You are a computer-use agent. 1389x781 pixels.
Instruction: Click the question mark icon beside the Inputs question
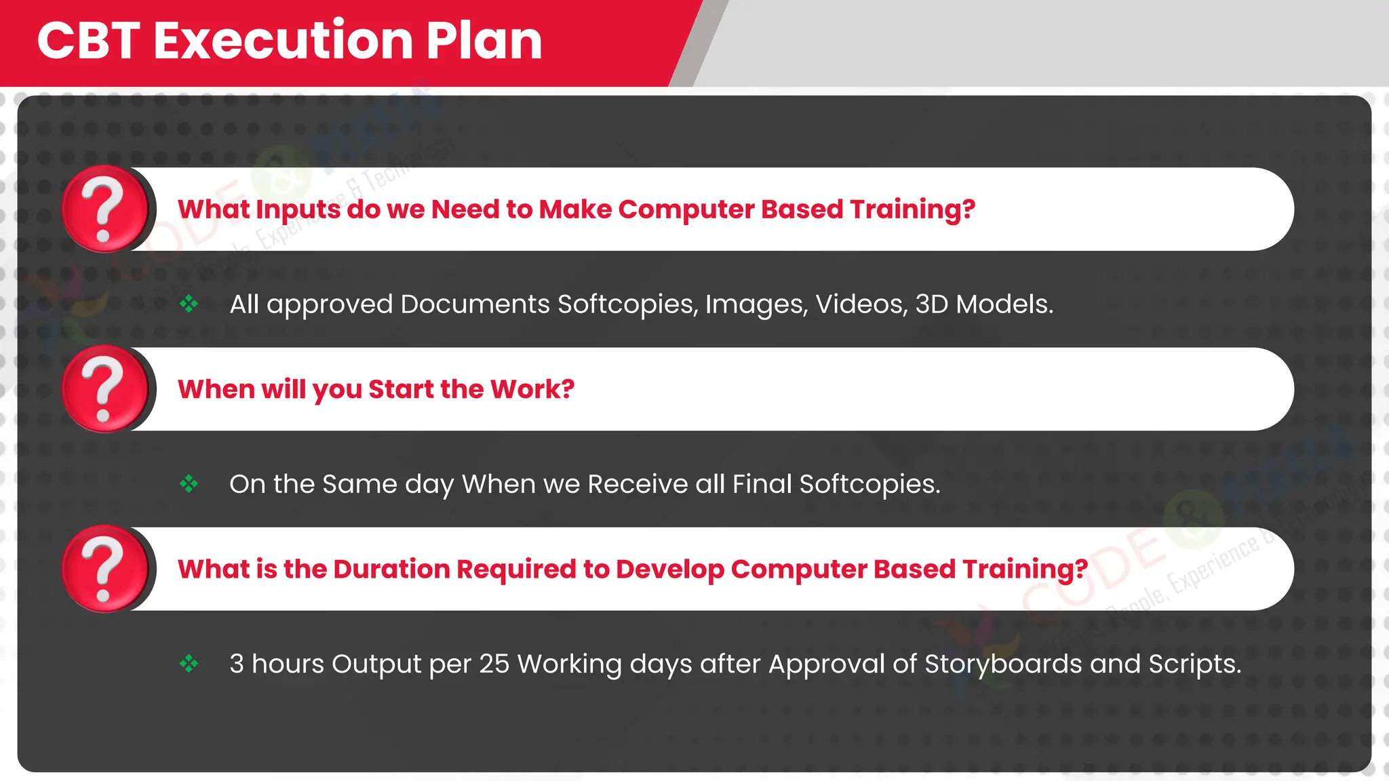(104, 209)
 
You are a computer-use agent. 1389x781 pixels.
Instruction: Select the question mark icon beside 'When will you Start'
(104, 389)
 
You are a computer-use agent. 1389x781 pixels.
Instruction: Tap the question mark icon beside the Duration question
(104, 569)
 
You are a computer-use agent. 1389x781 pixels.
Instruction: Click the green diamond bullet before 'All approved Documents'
(189, 304)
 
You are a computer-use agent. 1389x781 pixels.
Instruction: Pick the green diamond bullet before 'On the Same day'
(189, 484)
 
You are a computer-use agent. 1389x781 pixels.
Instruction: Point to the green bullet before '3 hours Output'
(189, 664)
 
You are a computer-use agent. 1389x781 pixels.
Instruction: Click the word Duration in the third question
(391, 569)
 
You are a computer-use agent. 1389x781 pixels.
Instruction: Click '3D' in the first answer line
(931, 304)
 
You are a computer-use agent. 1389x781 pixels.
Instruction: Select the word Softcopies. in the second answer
(869, 484)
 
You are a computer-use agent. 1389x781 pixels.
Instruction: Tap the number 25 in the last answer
(494, 664)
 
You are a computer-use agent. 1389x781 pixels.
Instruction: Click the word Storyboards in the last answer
(1002, 664)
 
